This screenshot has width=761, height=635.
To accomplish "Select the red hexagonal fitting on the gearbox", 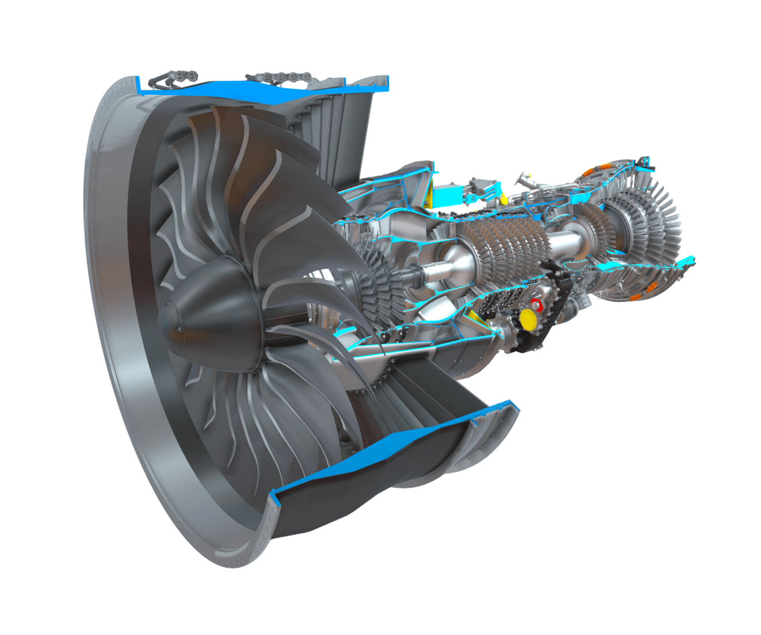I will click(536, 303).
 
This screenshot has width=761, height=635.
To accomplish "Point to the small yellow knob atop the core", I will click(504, 199).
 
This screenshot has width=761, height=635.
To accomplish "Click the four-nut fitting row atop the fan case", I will click(280, 77).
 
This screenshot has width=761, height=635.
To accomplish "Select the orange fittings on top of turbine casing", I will click(589, 171).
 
